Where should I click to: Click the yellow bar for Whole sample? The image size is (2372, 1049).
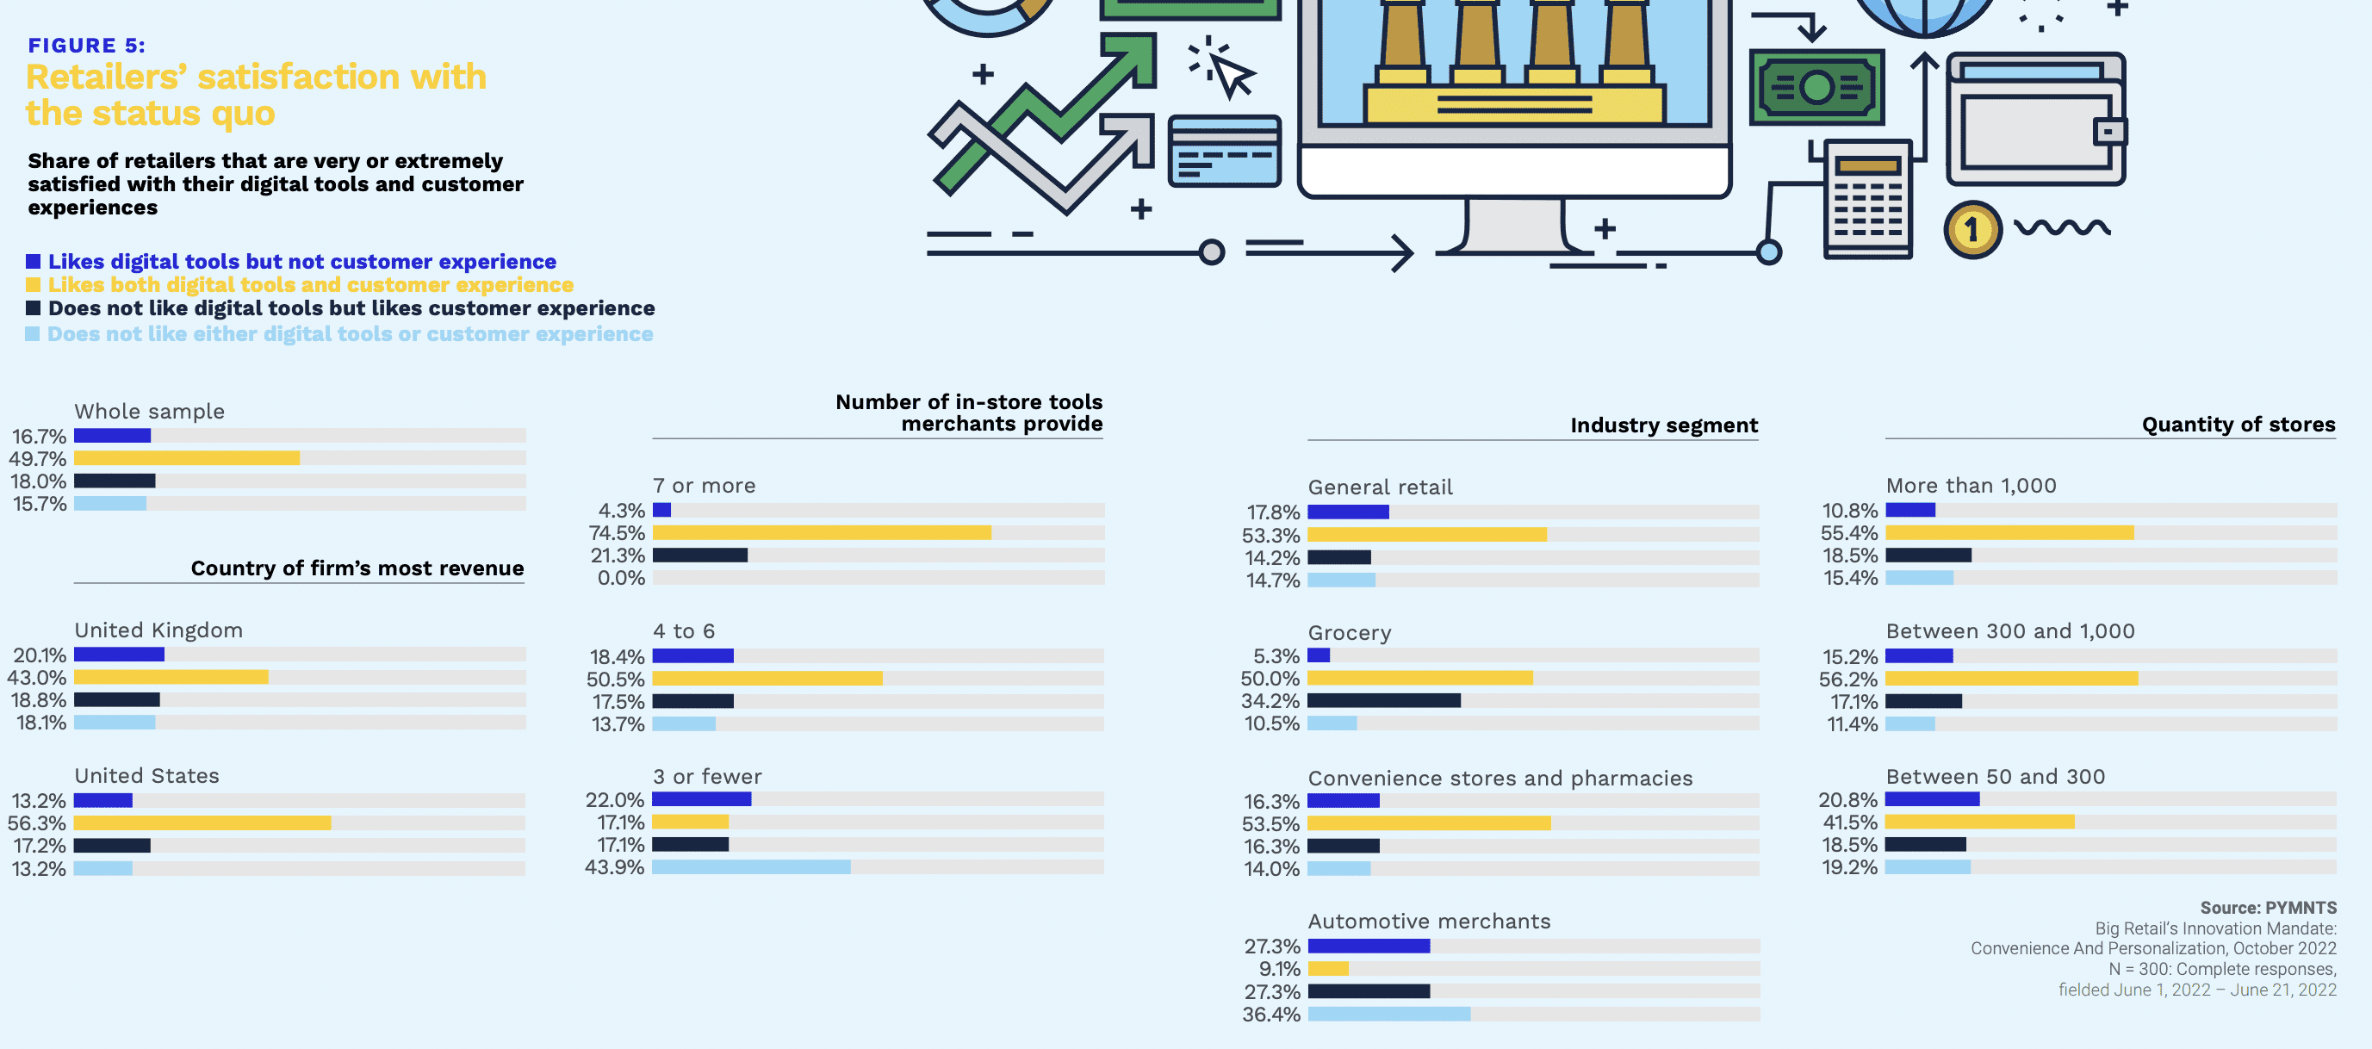187,457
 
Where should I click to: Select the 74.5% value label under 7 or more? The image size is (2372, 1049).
617,533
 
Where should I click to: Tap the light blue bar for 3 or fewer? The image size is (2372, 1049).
751,867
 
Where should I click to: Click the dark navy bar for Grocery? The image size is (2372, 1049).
1383,701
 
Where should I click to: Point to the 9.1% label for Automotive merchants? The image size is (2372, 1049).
1280,969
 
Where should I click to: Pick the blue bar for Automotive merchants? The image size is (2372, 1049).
1369,946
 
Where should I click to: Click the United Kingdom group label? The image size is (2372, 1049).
158,630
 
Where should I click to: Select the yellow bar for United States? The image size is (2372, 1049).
202,822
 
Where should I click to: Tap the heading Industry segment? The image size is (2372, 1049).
1663,425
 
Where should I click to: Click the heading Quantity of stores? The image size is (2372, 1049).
2238,424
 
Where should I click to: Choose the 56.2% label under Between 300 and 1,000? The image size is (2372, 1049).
1848,679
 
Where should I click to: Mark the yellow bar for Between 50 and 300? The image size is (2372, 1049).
1980,822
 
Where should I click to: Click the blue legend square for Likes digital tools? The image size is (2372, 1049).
33,262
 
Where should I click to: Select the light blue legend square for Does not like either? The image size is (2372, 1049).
33,333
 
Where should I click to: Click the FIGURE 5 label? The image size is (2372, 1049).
86,45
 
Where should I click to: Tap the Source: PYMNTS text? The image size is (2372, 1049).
2268,907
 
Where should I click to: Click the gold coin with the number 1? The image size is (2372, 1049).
1972,229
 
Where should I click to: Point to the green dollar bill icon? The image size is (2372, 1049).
1816,89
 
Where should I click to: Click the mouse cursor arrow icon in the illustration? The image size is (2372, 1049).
1228,70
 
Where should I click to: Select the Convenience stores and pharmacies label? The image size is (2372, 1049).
1499,779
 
